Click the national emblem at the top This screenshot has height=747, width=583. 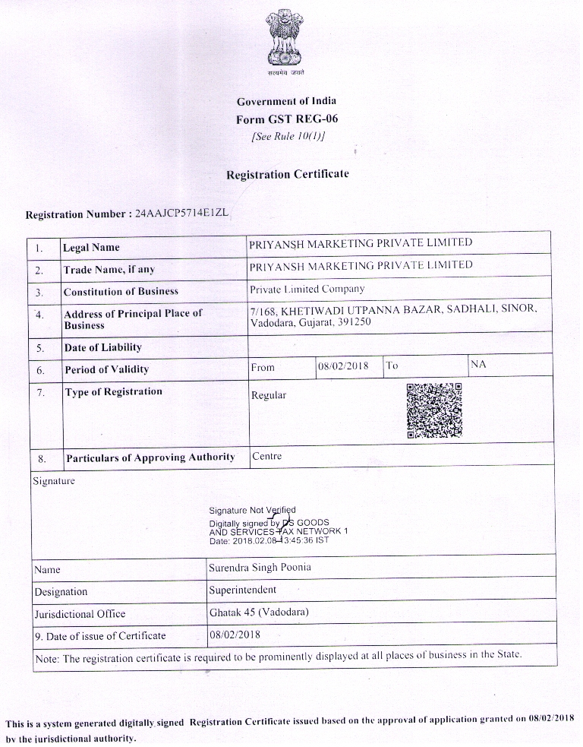pyautogui.click(x=285, y=40)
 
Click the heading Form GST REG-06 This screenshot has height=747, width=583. pyautogui.click(x=286, y=119)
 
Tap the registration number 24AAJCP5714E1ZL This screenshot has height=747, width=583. pyautogui.click(x=181, y=214)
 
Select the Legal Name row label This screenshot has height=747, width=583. pyautogui.click(x=91, y=248)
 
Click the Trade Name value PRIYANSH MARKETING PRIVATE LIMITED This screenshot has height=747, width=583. pyautogui.click(x=361, y=265)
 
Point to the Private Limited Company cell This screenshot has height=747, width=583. pyautogui.click(x=307, y=289)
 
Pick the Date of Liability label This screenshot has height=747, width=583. pyautogui.click(x=102, y=347)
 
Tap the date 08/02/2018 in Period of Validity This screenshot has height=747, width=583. pyautogui.click(x=343, y=366)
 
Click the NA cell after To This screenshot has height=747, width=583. pyautogui.click(x=478, y=365)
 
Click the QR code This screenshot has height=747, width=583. pyautogui.click(x=433, y=410)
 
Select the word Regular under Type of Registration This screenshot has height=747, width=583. pyautogui.click(x=269, y=395)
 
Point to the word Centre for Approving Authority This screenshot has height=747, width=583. pyautogui.click(x=266, y=456)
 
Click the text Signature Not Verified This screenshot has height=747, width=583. pyautogui.click(x=252, y=510)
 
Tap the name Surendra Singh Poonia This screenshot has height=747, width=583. pyautogui.click(x=260, y=567)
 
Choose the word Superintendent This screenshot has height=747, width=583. pyautogui.click(x=242, y=589)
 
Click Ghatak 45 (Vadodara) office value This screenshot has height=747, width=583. pyautogui.click(x=259, y=612)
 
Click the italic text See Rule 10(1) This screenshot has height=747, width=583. pyautogui.click(x=287, y=137)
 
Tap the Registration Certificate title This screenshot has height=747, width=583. pyautogui.click(x=287, y=174)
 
